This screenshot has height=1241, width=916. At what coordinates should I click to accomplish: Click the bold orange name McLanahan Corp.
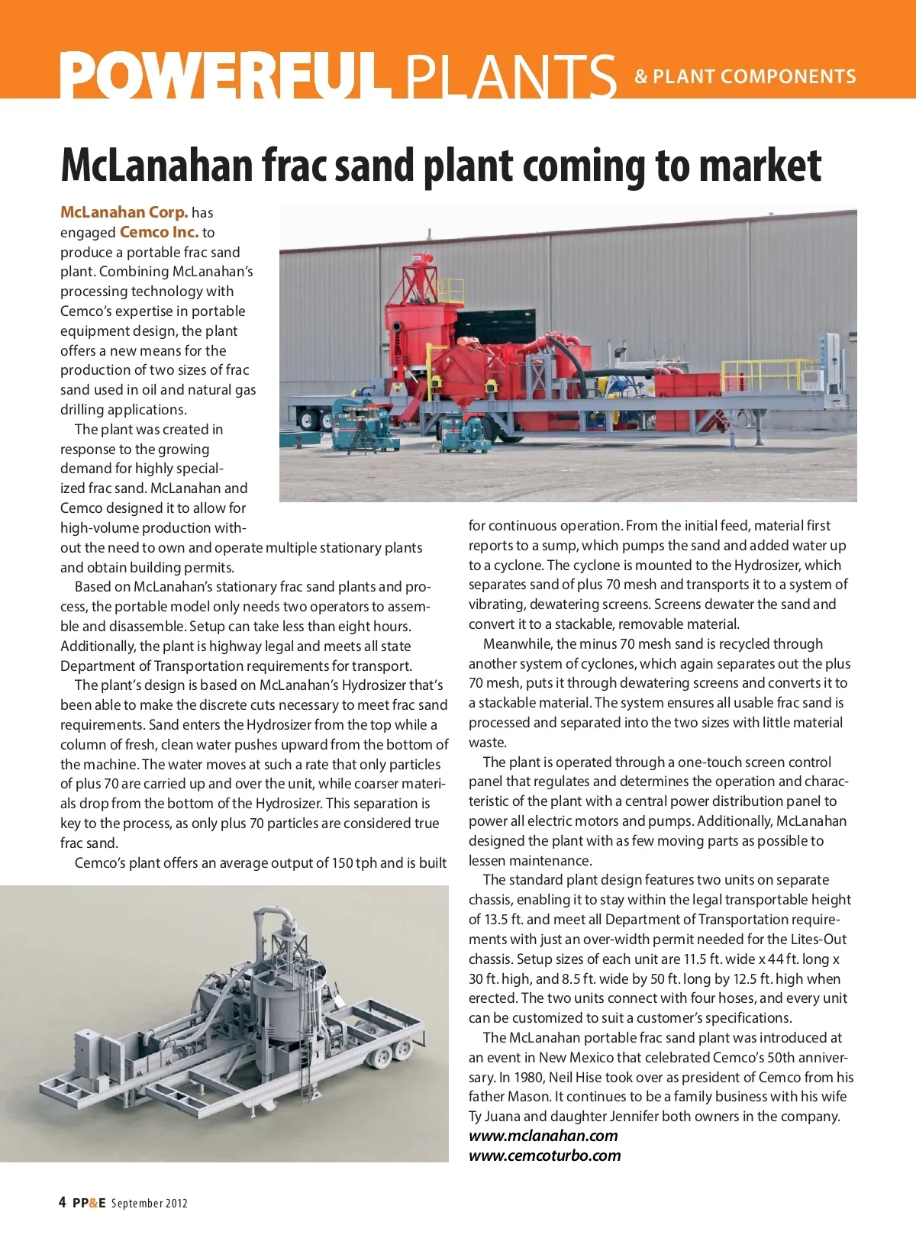124,212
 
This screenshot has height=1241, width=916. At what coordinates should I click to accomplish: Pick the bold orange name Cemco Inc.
159,232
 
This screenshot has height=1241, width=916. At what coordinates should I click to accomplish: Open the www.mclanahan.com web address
543,1136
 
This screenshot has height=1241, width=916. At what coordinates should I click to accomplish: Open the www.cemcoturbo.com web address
544,1156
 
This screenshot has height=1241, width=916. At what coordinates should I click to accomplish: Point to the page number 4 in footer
63,1203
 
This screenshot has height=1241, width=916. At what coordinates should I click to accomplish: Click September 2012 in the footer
150,1204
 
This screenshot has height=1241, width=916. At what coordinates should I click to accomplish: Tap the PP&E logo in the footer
89,1204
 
